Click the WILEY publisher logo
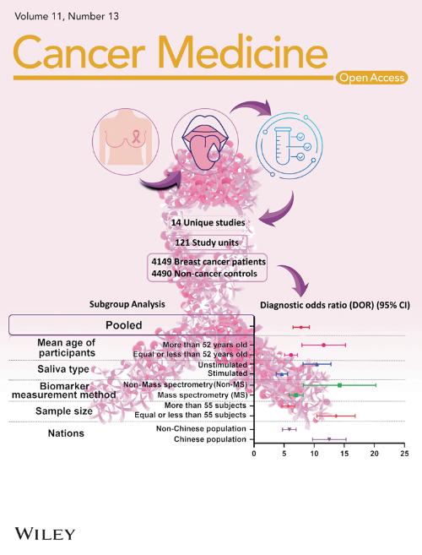[45, 533]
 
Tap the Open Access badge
[371, 78]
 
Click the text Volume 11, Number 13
[67, 16]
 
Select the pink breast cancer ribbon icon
[136, 136]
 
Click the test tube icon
[282, 146]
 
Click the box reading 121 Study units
[207, 242]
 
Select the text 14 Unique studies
[208, 223]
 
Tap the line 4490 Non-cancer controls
[204, 274]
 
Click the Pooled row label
[124, 325]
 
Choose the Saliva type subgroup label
[63, 369]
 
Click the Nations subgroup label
[66, 433]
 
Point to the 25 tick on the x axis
[404, 454]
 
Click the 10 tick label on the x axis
[314, 454]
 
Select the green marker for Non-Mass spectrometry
[339, 385]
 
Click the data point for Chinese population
[329, 439]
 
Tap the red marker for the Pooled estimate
[301, 327]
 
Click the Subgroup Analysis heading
[127, 304]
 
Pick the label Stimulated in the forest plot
[227, 373]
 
